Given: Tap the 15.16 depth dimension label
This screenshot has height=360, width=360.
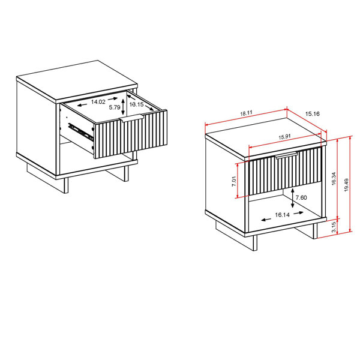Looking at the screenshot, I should click(313, 113).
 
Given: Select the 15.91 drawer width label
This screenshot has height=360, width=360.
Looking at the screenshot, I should click(285, 137).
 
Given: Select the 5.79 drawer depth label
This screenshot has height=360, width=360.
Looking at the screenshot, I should click(115, 108).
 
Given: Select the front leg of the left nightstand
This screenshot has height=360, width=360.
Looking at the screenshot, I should click(65, 184).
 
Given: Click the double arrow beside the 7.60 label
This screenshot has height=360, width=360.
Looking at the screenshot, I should click(292, 197).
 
